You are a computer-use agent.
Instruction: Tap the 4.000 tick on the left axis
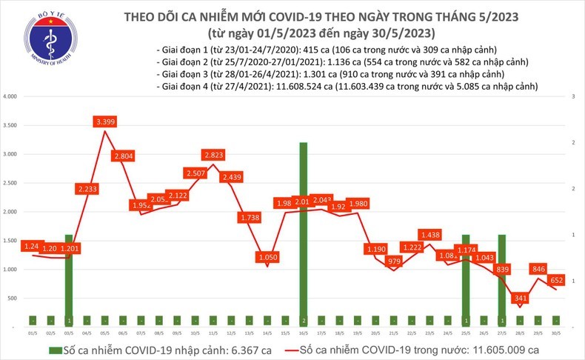coord(10,97)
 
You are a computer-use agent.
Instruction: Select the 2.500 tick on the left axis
coord(10,183)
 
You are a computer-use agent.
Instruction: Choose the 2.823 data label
coord(213,155)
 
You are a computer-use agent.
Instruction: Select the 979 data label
coord(393,261)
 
